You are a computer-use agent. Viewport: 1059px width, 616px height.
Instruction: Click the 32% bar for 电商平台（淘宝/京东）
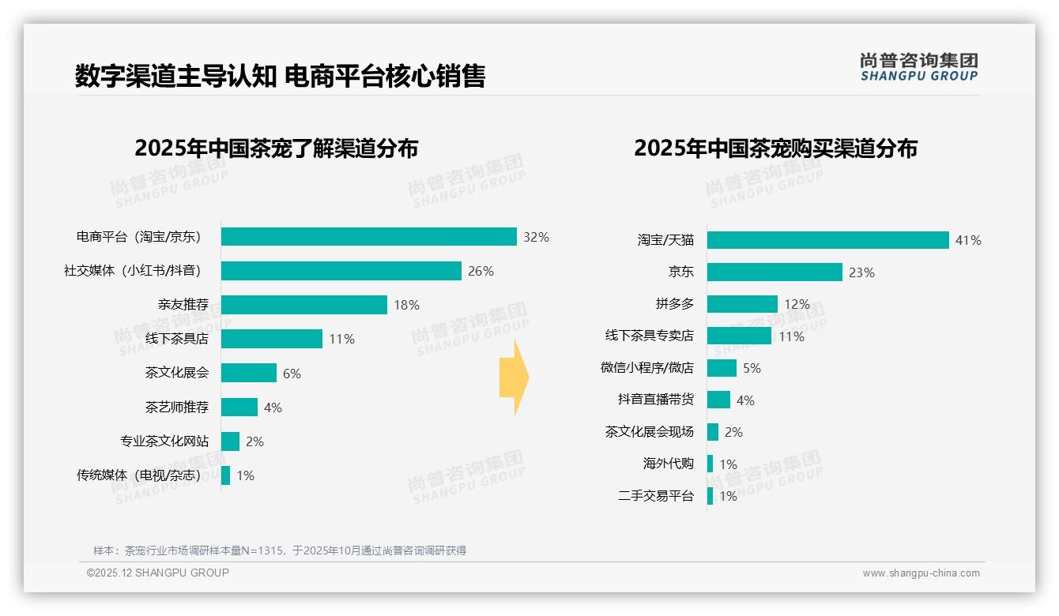point(368,237)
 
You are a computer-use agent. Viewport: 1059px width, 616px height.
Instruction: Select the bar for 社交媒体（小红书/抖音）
point(341,271)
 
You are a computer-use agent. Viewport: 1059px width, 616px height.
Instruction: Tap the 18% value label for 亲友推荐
point(406,305)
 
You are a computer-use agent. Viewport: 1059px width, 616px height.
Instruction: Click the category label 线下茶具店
point(177,339)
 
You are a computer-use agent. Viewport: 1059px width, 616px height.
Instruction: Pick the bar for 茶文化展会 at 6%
point(249,373)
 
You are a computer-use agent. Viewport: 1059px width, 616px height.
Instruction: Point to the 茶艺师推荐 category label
point(177,408)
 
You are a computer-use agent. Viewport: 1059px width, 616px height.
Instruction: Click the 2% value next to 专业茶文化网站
point(254,441)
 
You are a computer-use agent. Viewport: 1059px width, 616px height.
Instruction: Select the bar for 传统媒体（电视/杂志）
point(226,475)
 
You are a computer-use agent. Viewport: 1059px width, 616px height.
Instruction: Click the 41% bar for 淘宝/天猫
point(827,240)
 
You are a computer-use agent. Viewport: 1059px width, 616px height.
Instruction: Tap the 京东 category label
point(680,272)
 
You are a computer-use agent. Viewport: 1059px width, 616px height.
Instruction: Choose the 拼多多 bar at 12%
point(742,304)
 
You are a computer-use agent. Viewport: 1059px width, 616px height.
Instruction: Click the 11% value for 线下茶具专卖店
point(791,336)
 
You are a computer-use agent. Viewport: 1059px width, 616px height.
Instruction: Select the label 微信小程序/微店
point(646,368)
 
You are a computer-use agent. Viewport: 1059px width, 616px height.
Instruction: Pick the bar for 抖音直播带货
point(718,400)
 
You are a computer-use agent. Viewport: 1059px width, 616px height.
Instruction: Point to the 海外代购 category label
point(668,464)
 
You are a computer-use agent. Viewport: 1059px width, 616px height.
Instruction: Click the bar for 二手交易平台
point(710,496)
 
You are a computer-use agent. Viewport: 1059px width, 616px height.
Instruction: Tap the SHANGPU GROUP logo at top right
point(918,67)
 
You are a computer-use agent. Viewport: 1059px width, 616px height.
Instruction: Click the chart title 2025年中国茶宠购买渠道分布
point(775,148)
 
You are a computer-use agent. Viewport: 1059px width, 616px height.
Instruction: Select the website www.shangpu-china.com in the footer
point(921,573)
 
